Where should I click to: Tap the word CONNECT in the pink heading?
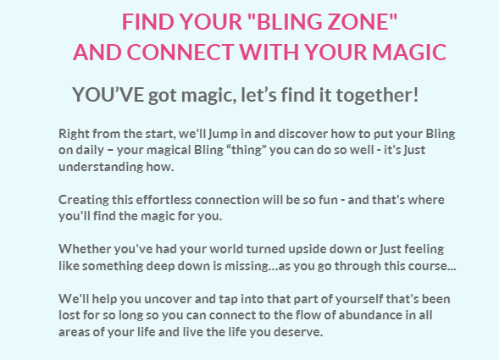click(x=180, y=52)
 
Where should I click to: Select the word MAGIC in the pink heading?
click(x=409, y=52)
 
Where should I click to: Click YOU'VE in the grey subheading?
click(x=108, y=95)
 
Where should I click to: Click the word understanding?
click(x=101, y=167)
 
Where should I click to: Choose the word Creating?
click(x=84, y=200)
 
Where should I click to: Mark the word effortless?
click(x=164, y=200)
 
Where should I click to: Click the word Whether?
click(x=85, y=249)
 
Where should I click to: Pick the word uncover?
click(x=168, y=299)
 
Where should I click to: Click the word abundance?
click(x=362, y=315)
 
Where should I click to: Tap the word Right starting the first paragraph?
click(x=74, y=134)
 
